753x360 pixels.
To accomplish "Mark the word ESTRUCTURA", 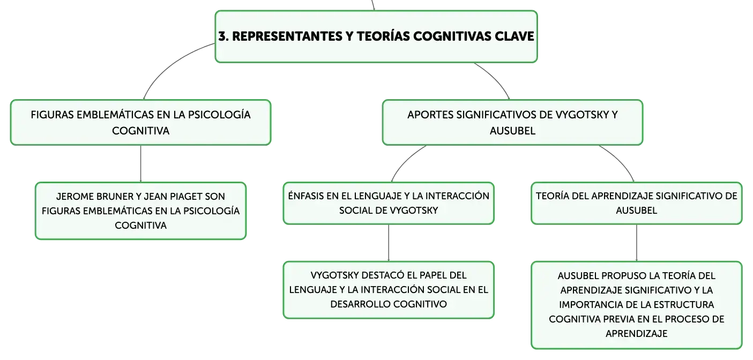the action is pos(686,305).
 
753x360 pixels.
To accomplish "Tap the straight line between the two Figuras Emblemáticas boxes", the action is pos(140,164).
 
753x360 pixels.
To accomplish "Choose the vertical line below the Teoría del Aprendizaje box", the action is pos(636,243).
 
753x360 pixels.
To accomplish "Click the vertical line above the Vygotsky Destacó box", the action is pos(389,243).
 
